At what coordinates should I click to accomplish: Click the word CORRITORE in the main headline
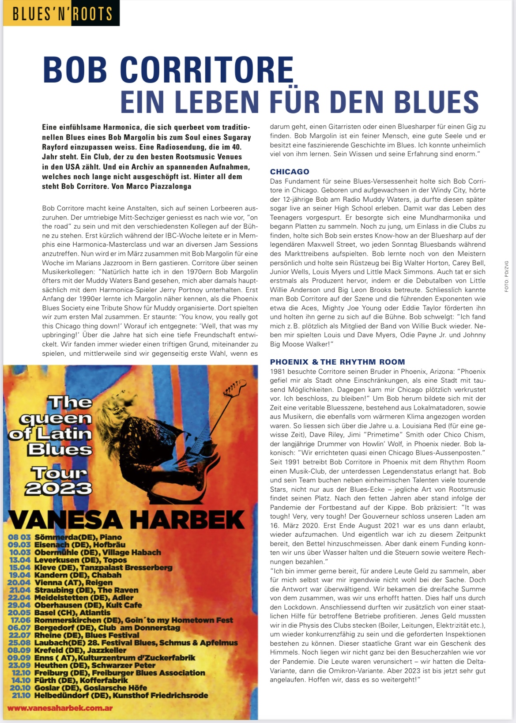tap(207, 70)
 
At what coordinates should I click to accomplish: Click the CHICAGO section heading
tap(290, 172)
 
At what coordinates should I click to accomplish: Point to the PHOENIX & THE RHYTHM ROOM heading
tap(337, 362)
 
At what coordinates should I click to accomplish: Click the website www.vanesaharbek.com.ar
tap(60, 708)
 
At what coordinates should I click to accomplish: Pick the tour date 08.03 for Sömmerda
tap(19, 537)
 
